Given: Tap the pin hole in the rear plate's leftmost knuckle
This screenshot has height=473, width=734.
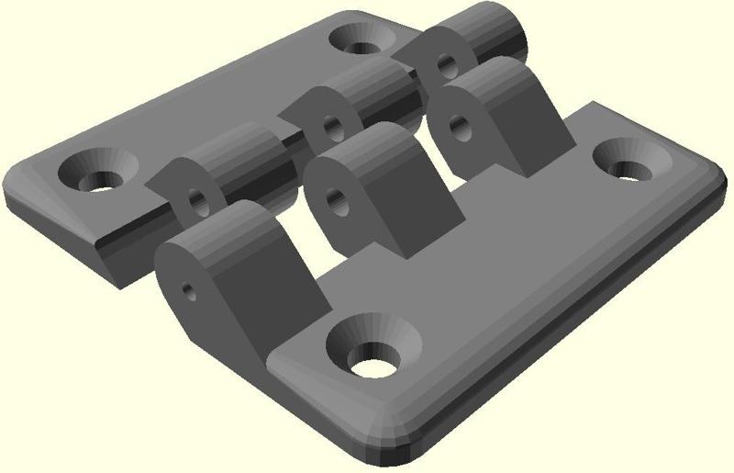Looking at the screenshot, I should click(195, 199).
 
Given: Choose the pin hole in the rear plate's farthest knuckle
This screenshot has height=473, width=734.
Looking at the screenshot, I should click(446, 65).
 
